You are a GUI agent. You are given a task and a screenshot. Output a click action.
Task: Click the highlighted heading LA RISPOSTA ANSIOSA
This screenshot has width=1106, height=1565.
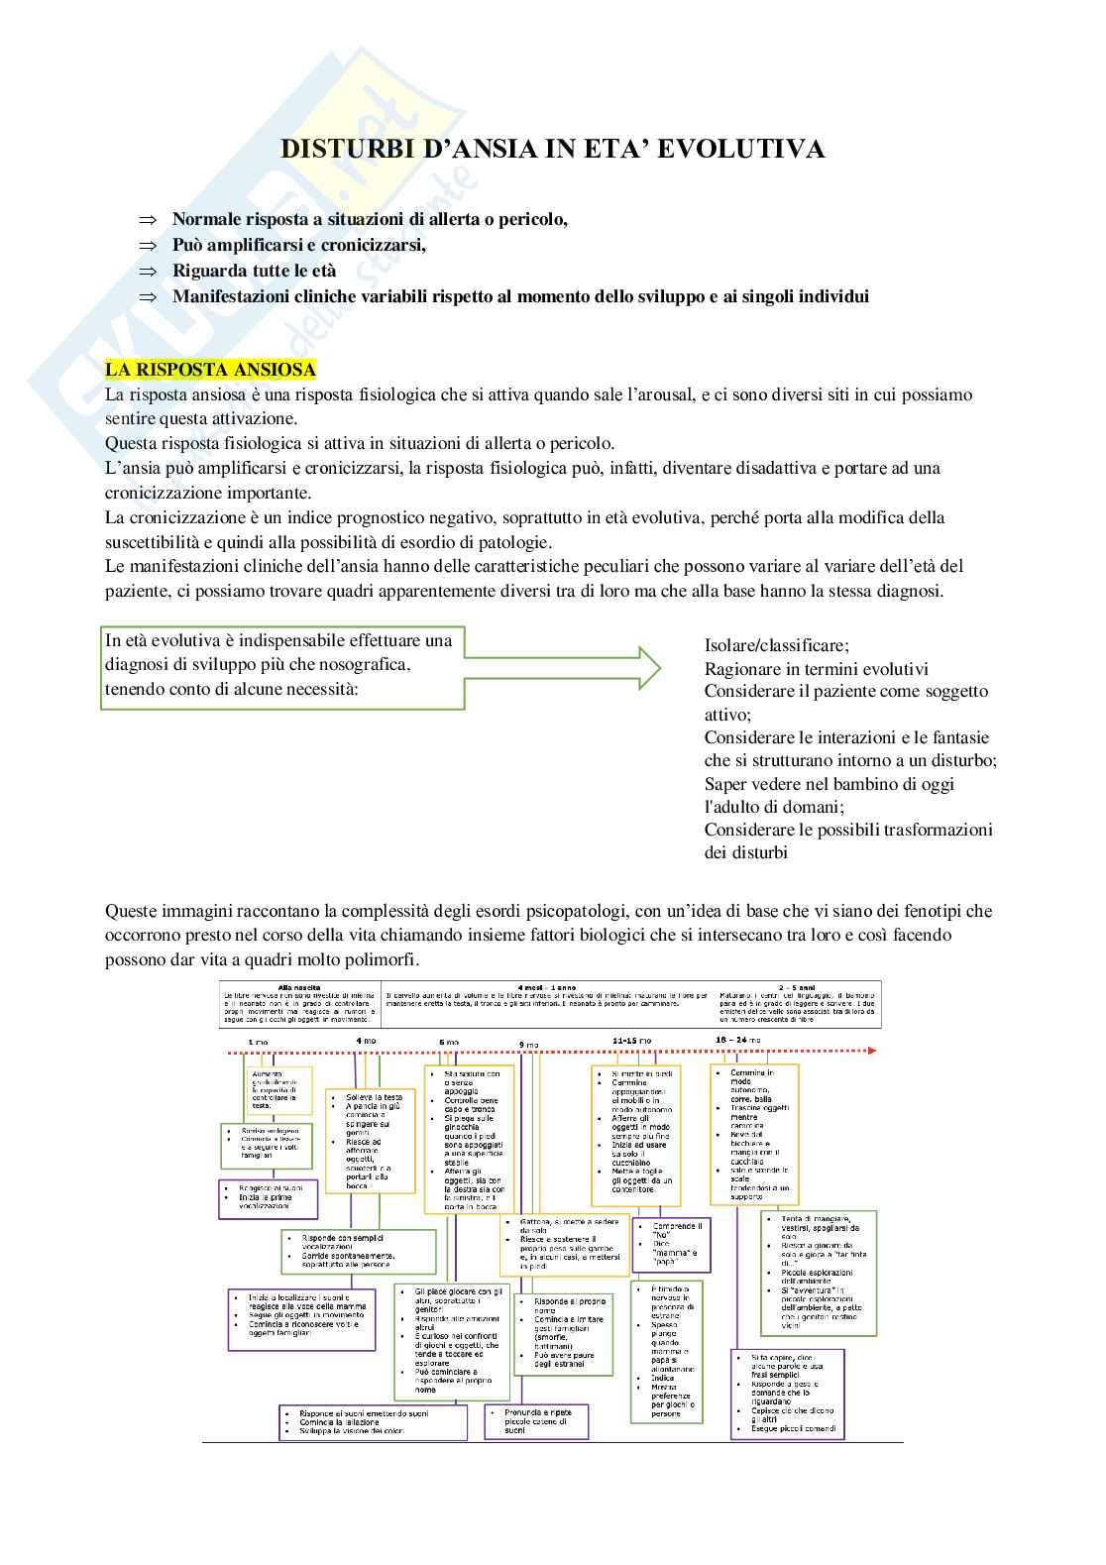click(210, 370)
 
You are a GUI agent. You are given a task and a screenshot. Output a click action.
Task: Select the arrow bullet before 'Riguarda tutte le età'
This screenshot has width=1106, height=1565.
click(149, 271)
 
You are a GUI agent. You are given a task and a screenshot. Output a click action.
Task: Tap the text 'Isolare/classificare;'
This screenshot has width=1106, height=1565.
click(776, 645)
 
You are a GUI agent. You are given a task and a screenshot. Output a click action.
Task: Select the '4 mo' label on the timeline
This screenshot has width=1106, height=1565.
click(365, 1041)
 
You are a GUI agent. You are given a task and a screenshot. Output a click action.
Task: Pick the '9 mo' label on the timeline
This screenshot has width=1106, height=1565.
click(528, 1045)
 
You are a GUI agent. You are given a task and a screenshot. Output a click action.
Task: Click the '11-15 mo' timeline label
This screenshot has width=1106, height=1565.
click(631, 1040)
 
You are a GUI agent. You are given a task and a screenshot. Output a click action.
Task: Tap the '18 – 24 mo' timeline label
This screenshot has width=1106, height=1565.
click(737, 1040)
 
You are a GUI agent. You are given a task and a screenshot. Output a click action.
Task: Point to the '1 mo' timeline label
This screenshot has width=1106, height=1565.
click(258, 1042)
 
